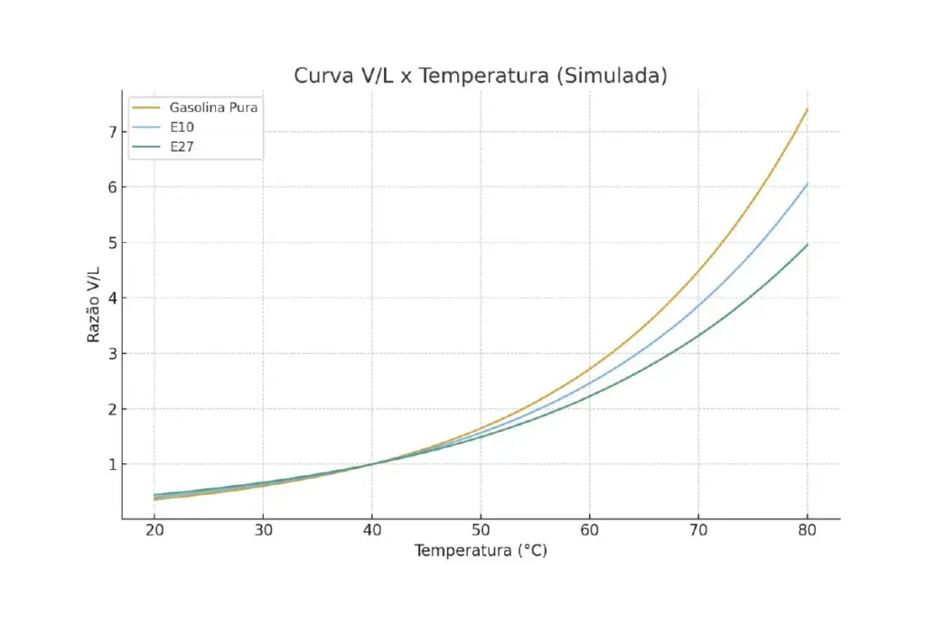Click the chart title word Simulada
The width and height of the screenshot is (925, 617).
(612, 76)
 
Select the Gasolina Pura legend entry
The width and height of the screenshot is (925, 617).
(214, 108)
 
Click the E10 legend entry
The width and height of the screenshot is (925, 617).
(182, 126)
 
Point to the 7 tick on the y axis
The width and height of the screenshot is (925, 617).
(112, 132)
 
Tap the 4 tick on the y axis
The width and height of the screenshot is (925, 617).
(112, 298)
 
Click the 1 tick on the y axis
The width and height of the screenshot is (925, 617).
(112, 464)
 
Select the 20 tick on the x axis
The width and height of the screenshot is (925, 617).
(154, 531)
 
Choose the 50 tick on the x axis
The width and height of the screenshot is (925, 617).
(481, 531)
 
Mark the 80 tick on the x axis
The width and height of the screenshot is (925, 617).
(807, 531)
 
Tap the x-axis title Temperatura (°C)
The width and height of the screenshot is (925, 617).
(481, 551)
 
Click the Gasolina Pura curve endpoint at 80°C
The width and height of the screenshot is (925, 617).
(807, 109)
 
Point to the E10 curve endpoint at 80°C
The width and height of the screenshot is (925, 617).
(807, 183)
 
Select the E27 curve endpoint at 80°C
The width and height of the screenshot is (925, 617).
(807, 245)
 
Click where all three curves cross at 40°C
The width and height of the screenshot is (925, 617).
(372, 463)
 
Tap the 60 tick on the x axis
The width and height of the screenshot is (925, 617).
(590, 531)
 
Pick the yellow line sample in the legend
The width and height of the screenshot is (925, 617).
(146, 108)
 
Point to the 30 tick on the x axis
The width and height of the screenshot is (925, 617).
(263, 531)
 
